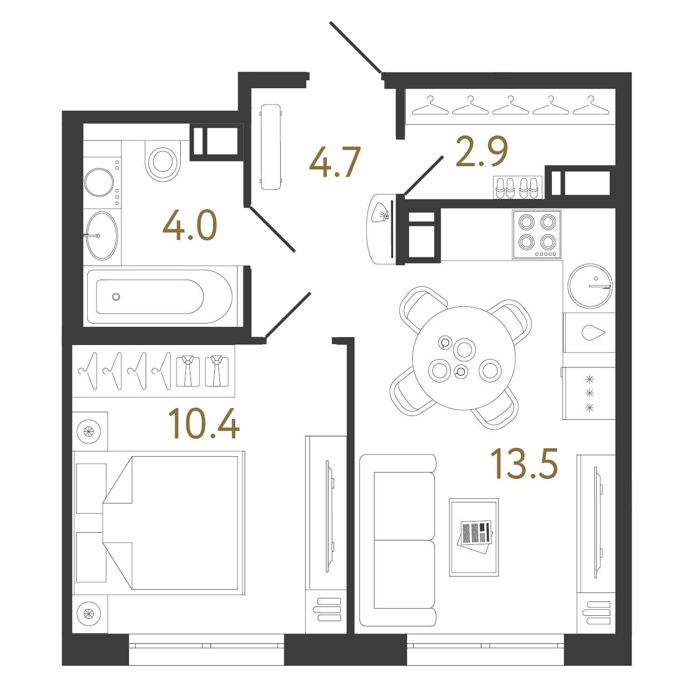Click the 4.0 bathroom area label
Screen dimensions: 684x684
[190, 225]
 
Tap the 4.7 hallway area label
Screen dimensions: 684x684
[335, 162]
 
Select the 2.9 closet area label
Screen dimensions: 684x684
[482, 151]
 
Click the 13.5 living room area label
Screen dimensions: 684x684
[524, 463]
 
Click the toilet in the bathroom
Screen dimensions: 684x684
[163, 161]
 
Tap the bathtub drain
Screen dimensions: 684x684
[116, 297]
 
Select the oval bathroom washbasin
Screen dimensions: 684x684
[102, 236]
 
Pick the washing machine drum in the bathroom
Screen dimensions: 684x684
[99, 183]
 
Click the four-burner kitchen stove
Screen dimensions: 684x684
[536, 234]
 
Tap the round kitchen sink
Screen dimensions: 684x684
[590, 286]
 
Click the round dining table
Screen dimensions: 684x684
[464, 358]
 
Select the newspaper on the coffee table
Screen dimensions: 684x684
[475, 536]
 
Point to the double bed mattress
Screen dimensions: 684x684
[170, 523]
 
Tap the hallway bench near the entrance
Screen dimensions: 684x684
[271, 147]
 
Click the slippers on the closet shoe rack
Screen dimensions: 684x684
[517, 187]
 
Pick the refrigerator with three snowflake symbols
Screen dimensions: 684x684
[589, 393]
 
